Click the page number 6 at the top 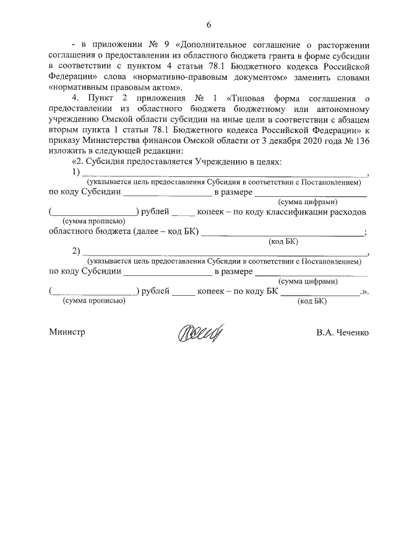coord(209,25)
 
